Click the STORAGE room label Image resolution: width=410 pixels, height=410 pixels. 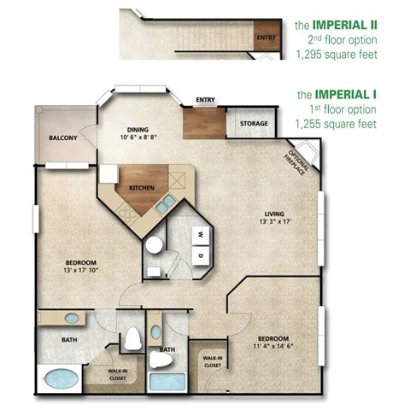(254, 125)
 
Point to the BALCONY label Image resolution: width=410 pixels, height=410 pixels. (63, 138)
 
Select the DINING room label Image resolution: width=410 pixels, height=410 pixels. (139, 121)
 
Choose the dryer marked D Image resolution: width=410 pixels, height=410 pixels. (201, 255)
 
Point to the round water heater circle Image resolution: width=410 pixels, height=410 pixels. (154, 245)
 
